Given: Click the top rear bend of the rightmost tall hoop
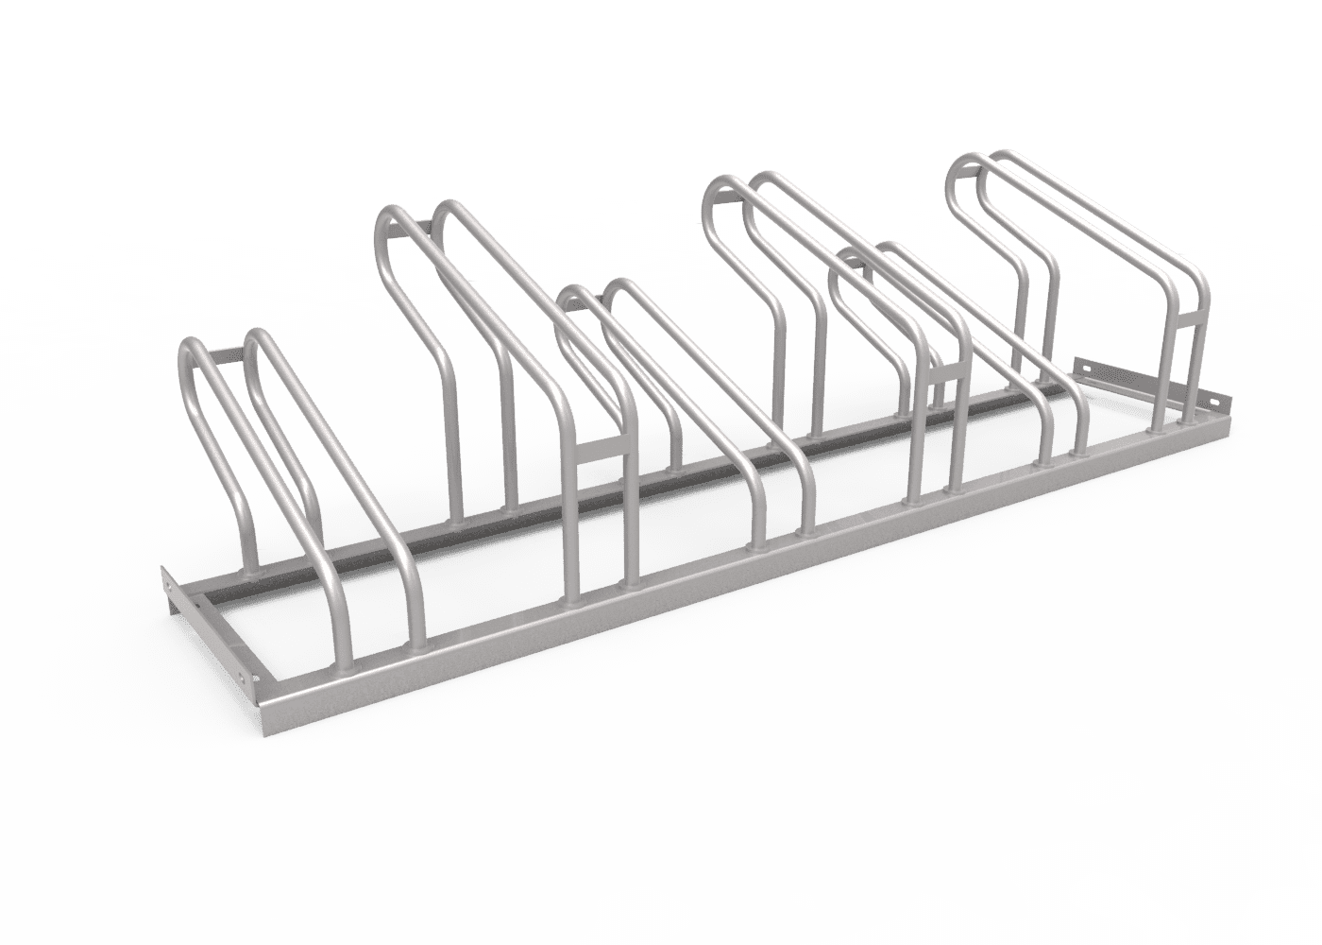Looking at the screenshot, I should (x=963, y=165).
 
